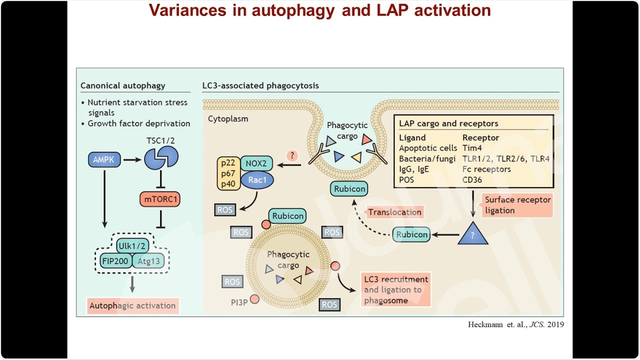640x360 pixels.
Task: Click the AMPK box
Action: [x=103, y=160]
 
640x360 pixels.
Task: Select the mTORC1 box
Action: [x=159, y=200]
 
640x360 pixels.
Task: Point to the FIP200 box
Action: [x=114, y=260]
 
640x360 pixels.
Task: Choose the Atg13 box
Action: [x=148, y=260]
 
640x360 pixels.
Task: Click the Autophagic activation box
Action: [x=132, y=305]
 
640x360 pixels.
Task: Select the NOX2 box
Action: [x=256, y=163]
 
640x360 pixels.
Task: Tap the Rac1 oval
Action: [x=257, y=180]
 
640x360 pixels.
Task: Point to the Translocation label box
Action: [x=394, y=212]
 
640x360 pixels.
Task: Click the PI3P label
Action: [x=239, y=302]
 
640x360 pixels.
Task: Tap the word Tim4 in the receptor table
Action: [x=471, y=148]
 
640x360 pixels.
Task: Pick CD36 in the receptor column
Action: [x=472, y=180]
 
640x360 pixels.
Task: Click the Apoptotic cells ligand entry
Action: [x=428, y=148]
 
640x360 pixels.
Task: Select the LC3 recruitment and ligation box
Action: [x=396, y=289]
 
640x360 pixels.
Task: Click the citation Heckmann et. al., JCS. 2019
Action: [x=516, y=324]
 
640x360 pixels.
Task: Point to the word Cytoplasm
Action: [x=228, y=119]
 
